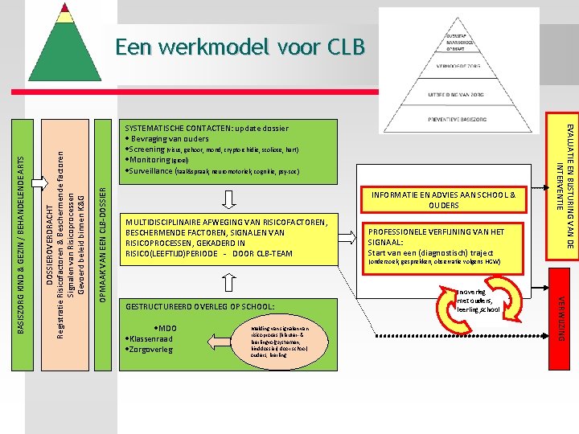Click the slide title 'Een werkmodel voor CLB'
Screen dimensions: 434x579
pos(240,47)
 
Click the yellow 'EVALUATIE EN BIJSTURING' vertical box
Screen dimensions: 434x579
pos(562,190)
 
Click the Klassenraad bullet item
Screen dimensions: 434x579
pos(150,339)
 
